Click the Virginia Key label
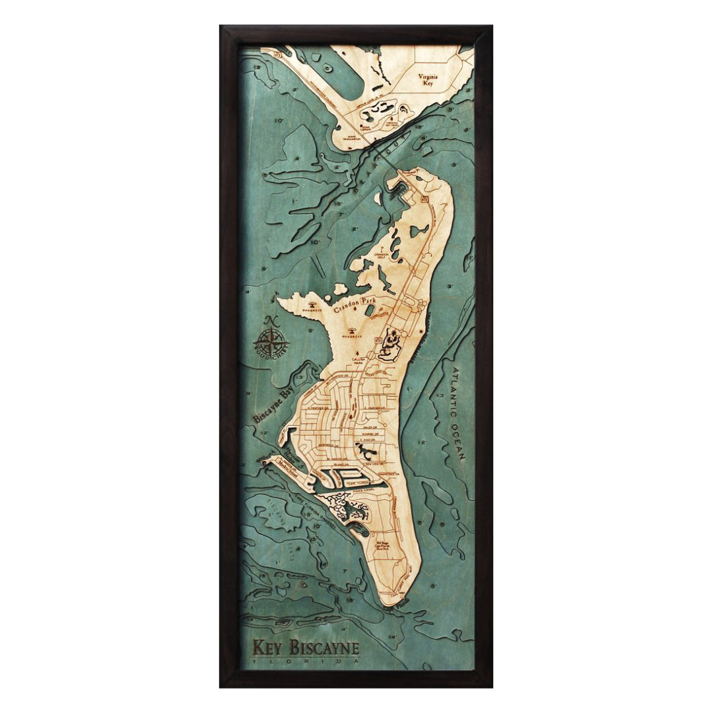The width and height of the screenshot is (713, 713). pos(428,80)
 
